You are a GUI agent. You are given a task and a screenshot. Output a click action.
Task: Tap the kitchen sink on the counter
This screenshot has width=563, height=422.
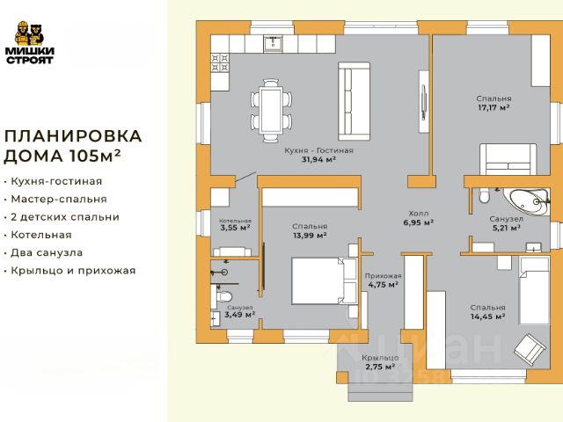point(274,44)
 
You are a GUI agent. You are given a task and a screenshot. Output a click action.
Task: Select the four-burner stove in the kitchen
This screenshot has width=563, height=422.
point(220,62)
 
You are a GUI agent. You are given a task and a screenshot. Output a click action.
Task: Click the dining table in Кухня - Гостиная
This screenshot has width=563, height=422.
point(272,110)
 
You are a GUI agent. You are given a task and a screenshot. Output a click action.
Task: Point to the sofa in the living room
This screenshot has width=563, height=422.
point(354,102)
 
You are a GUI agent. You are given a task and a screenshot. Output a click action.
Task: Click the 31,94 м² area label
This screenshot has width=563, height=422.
point(318,159)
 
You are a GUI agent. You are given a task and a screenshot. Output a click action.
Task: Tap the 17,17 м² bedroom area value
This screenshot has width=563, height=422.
point(494,107)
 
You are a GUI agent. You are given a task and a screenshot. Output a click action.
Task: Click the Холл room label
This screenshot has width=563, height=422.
point(419,213)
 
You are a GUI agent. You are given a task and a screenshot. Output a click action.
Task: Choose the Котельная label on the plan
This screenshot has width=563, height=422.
point(235,221)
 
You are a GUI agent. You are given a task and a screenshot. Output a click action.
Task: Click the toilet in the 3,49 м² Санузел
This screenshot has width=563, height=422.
point(223,297)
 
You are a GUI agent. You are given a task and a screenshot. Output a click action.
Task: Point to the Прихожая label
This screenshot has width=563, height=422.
point(384,276)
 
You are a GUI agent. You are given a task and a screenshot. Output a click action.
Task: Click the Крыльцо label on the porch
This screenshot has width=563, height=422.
point(380,358)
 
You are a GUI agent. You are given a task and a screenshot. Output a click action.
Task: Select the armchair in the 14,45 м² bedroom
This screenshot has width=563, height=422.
point(530,350)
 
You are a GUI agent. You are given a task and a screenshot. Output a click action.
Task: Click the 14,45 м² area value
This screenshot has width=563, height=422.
point(488,316)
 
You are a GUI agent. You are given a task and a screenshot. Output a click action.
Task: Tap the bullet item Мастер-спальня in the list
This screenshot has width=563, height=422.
point(59,200)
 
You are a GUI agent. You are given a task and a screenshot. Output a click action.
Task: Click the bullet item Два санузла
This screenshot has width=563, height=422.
point(47,252)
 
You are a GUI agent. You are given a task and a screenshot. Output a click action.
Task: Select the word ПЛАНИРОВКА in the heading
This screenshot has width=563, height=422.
point(73,136)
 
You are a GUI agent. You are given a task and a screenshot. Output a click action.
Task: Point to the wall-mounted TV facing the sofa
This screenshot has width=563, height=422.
point(424,102)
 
